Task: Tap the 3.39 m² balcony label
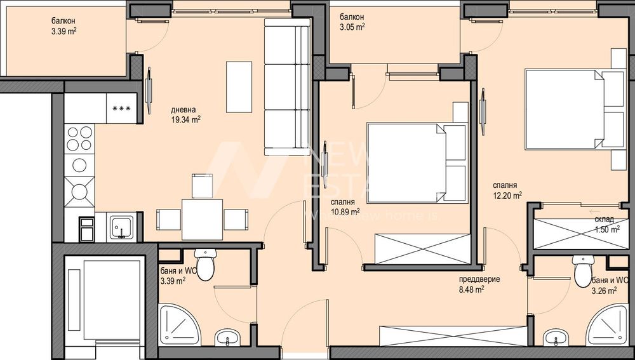coord(64,25)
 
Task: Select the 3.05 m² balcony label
coord(352,22)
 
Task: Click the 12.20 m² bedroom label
coord(507,190)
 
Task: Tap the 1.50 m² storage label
coord(606,225)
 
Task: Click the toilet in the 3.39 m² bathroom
coord(206,264)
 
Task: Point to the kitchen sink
coord(121,227)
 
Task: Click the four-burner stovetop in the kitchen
coord(79,138)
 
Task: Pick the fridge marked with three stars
coord(121,107)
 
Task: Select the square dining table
coord(202,218)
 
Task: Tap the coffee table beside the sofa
coord(239,86)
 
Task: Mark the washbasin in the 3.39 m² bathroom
coord(225,337)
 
